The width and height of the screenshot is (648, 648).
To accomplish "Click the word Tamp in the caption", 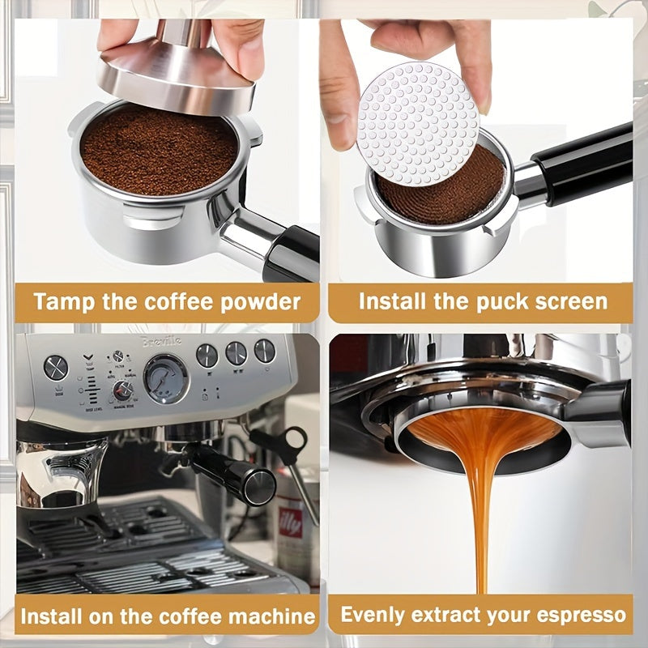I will (63, 302).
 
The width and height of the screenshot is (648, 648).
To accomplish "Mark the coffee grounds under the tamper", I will (158, 150).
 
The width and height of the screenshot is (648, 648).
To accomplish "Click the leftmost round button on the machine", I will (55, 367).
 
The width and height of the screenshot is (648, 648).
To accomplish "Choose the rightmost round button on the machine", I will (264, 351).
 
